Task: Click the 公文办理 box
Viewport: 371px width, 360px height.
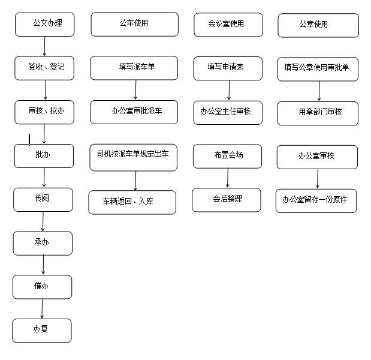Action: [45, 25]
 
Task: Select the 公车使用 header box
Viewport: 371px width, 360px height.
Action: [135, 25]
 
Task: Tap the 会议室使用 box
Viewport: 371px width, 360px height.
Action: [228, 25]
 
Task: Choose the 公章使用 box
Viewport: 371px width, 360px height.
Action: [318, 25]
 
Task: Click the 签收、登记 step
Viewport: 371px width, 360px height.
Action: [44, 68]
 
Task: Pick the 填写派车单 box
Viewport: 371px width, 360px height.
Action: [134, 68]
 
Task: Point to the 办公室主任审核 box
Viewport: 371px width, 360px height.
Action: [228, 113]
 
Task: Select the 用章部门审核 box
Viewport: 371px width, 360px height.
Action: [318, 113]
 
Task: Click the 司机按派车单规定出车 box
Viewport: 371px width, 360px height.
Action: [134, 157]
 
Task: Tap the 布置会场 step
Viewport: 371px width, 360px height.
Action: [227, 157]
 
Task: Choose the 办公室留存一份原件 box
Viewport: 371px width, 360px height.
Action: [316, 201]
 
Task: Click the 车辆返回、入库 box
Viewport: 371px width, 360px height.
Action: [132, 202]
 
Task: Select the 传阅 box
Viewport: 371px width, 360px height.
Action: [43, 200]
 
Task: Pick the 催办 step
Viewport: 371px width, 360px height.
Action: [43, 287]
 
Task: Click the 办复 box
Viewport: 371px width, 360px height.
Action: [42, 331]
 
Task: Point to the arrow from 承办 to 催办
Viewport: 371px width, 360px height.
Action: [43, 265]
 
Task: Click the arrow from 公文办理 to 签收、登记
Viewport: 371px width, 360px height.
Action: [44, 46]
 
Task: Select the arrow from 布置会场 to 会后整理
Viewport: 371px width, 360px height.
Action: [228, 178]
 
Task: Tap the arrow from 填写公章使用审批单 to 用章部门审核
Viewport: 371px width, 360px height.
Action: [319, 91]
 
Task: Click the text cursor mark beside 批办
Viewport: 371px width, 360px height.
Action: [29, 139]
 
